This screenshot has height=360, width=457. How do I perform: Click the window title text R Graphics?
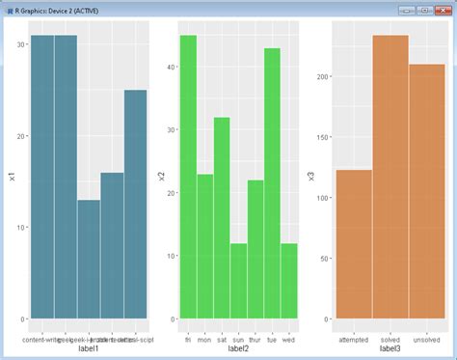click(x=67, y=9)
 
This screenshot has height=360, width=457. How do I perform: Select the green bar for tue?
click(x=272, y=183)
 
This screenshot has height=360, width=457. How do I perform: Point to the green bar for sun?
click(x=238, y=281)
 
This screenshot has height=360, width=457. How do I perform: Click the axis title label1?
click(x=89, y=349)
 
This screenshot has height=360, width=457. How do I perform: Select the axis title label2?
click(x=238, y=349)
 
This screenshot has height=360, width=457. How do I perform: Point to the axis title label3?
click(x=390, y=349)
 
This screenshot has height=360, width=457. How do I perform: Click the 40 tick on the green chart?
click(x=172, y=67)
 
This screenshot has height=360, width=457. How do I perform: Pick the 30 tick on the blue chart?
click(x=22, y=44)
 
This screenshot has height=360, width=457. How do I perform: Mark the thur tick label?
click(x=255, y=340)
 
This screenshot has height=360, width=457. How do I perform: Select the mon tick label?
click(x=204, y=340)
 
